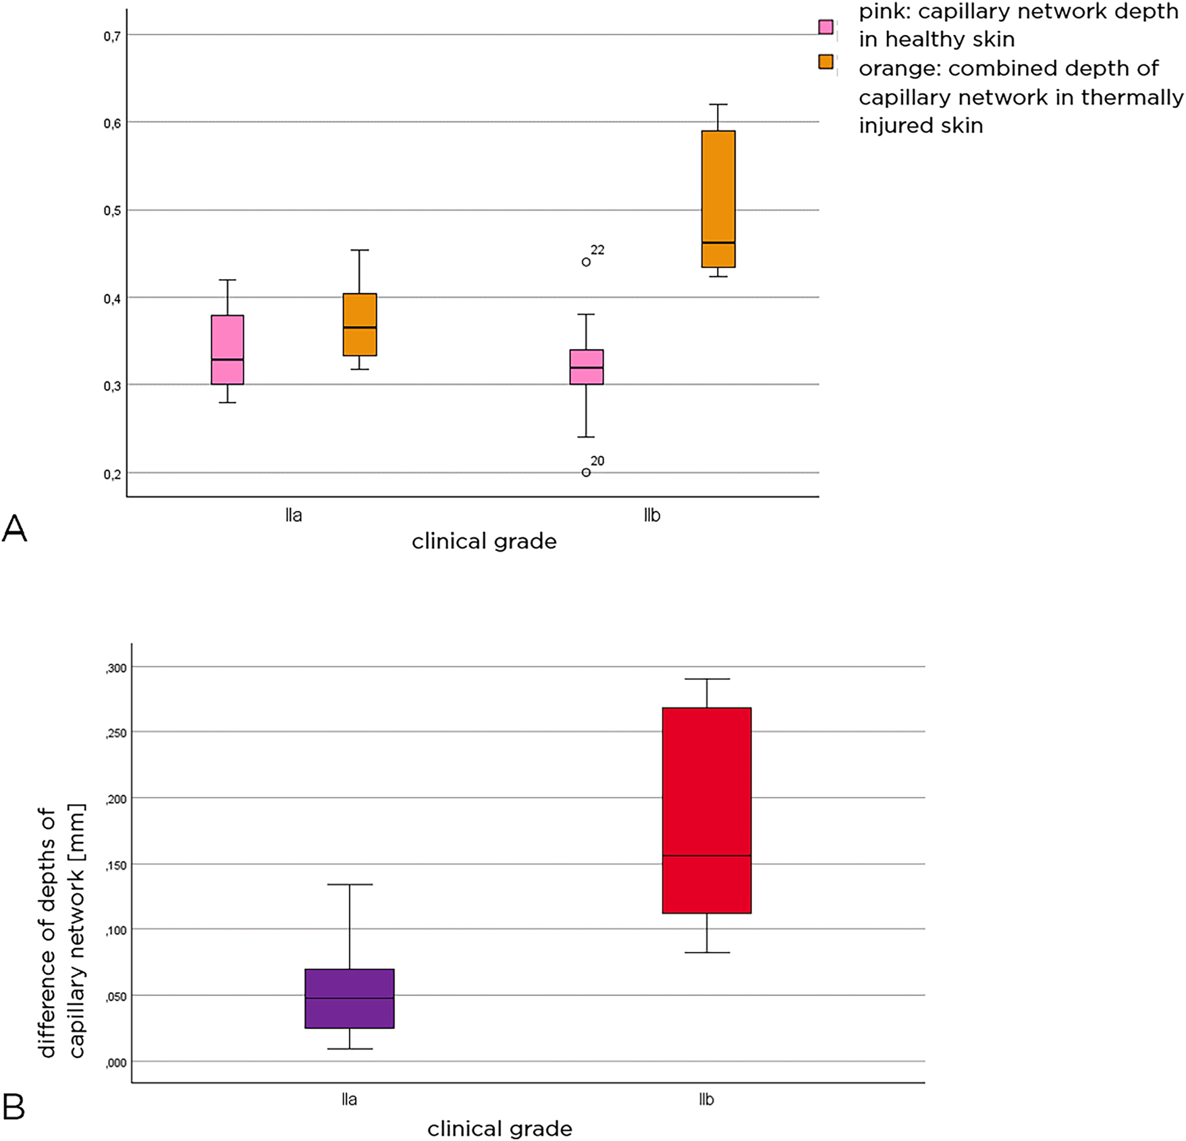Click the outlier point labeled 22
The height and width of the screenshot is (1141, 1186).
tap(586, 262)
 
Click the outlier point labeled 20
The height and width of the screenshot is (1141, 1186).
tap(586, 472)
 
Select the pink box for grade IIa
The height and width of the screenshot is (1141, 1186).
tap(228, 350)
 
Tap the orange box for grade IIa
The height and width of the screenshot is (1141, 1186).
tap(360, 325)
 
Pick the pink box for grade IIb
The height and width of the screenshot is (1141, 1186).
tap(587, 367)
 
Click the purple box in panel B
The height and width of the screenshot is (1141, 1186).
tap(350, 998)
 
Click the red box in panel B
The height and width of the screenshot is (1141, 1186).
tap(707, 810)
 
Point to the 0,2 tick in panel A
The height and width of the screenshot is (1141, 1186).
tap(112, 474)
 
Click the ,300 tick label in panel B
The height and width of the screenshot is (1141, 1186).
tap(116, 668)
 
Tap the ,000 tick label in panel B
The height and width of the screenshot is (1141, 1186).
tap(116, 1062)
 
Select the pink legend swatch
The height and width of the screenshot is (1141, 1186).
tap(826, 27)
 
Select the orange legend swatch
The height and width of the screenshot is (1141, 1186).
tap(826, 62)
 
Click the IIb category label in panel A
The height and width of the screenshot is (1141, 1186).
tap(652, 516)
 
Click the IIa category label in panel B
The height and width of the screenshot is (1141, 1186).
tap(350, 1100)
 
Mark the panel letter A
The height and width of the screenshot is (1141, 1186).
tap(14, 529)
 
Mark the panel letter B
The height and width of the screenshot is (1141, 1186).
tap(14, 1107)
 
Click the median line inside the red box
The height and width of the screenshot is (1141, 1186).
tap(707, 856)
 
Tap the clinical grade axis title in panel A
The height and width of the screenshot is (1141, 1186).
tap(484, 542)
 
